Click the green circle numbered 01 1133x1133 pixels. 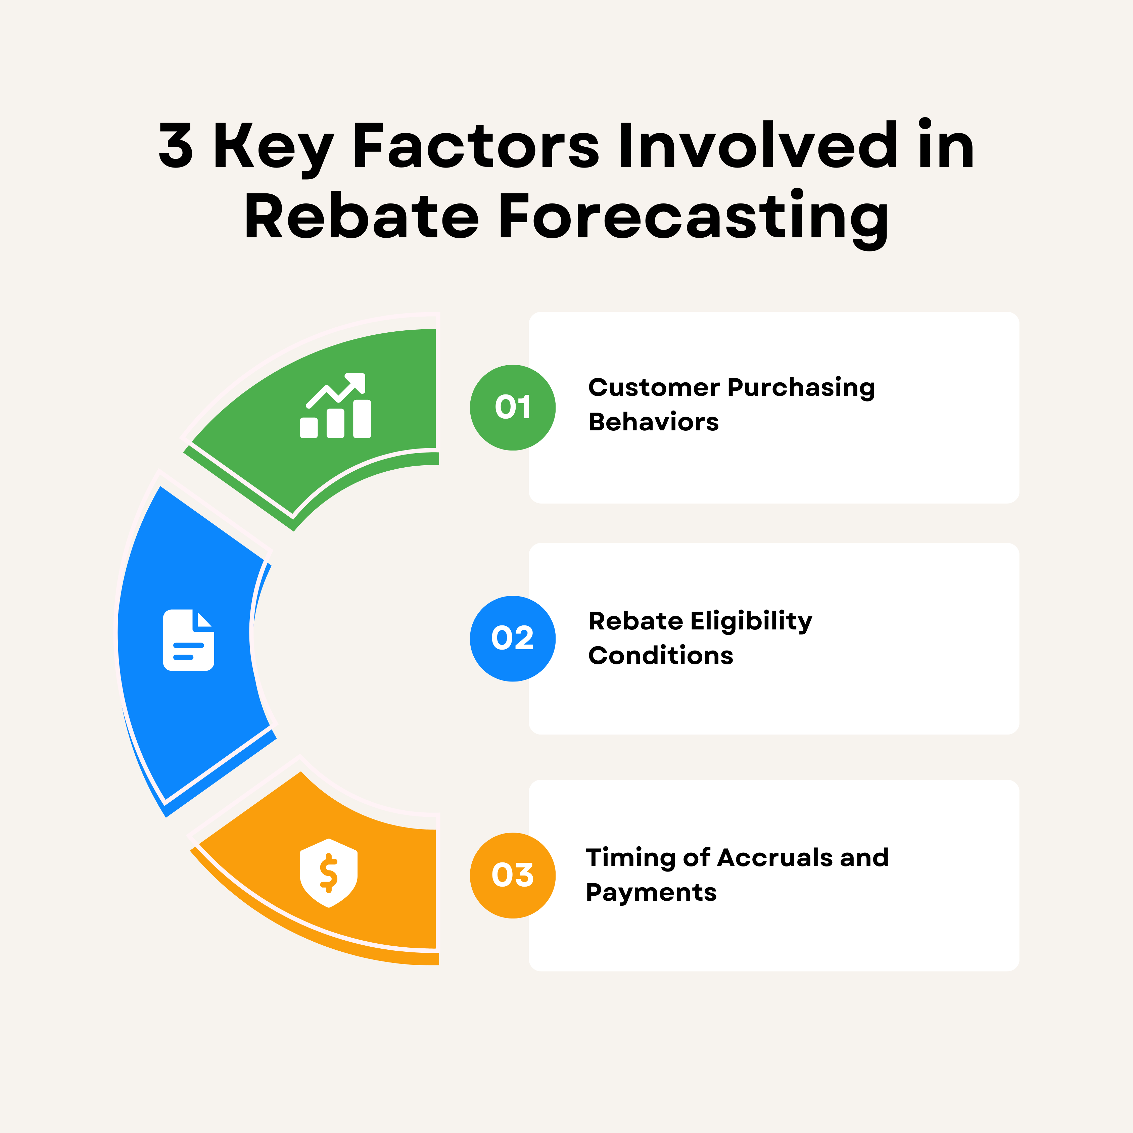pos(513,408)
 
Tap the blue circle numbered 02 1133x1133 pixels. pos(513,639)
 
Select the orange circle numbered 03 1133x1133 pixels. pos(513,876)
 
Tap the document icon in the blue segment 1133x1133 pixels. pos(188,640)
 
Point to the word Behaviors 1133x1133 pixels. pos(653,422)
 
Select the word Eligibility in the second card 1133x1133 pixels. pos(751,621)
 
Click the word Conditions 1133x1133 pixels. pos(660,656)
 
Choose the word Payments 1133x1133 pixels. pos(651,893)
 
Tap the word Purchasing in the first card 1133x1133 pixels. pos(801,388)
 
